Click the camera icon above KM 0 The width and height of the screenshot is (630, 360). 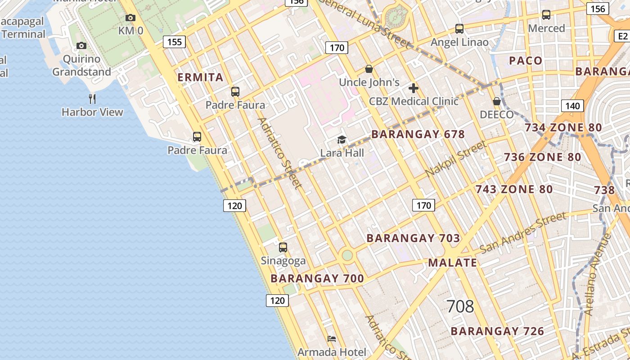[130, 18]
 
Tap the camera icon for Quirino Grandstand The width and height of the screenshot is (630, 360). [81, 45]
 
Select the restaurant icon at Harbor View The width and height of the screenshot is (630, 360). [92, 99]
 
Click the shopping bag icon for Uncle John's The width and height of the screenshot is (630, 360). [369, 69]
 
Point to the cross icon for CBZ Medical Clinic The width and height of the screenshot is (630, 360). [414, 88]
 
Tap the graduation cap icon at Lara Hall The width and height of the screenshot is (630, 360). [342, 139]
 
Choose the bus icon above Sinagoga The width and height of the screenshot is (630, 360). [283, 247]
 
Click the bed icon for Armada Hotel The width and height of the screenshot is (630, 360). [332, 338]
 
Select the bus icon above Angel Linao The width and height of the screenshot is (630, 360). [459, 29]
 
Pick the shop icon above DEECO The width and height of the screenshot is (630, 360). [497, 101]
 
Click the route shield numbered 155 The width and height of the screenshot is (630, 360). [174, 42]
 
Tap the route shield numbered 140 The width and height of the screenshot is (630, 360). [572, 106]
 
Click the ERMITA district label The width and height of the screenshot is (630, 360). [200, 77]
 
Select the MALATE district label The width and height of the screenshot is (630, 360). [452, 263]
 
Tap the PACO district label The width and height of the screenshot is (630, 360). [526, 61]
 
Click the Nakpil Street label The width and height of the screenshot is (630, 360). [455, 158]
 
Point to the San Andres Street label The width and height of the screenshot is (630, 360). [522, 233]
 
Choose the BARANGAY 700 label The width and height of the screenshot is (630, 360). [317, 279]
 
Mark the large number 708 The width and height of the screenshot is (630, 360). [460, 306]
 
